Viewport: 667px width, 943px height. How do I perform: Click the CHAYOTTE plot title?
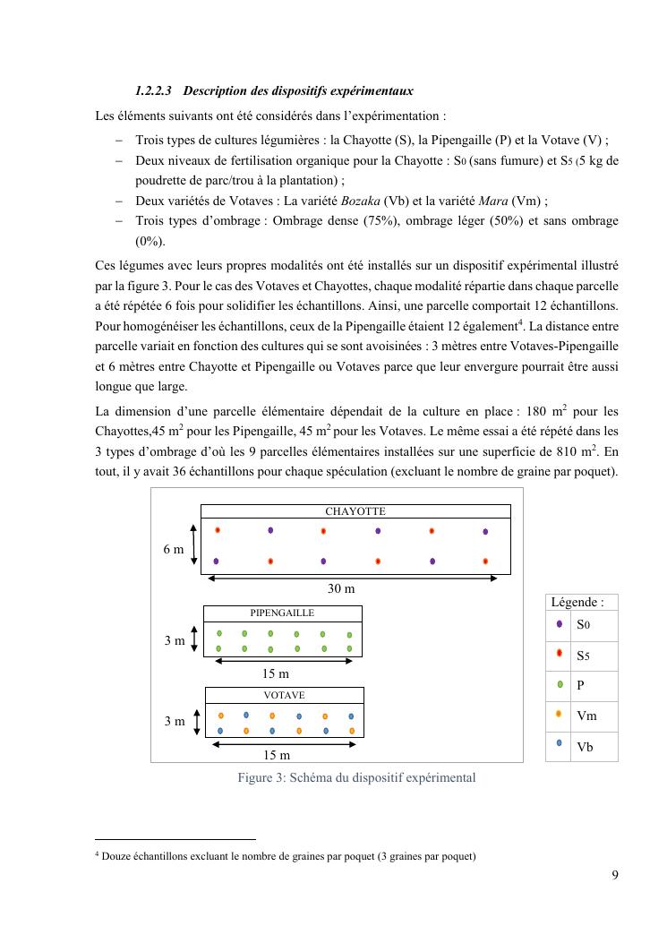click(355, 511)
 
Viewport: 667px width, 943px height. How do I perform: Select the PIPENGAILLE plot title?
click(282, 613)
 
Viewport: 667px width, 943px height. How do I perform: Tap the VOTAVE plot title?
click(284, 695)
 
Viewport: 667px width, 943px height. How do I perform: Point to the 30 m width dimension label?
click(340, 588)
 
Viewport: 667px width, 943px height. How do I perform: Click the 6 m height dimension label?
click(174, 549)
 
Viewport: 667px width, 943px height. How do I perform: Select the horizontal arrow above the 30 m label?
click(353, 578)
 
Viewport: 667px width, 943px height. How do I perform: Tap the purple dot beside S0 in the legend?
click(559, 624)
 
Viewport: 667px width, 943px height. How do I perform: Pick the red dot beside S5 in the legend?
click(559, 655)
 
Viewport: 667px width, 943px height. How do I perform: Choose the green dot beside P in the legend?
click(559, 684)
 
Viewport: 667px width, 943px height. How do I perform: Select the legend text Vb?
click(585, 747)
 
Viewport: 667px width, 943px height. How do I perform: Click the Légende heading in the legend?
click(577, 603)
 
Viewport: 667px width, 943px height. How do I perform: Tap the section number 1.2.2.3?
click(153, 91)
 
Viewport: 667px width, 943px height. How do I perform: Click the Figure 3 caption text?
click(356, 777)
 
